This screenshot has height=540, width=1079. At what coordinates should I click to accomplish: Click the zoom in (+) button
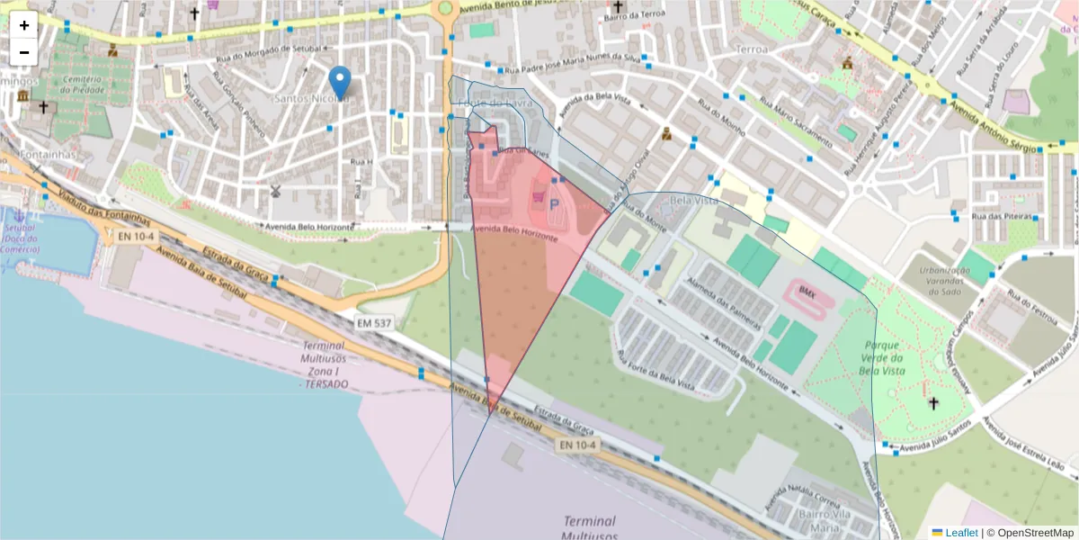pyautogui.click(x=24, y=25)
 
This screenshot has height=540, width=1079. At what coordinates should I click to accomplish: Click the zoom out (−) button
pyautogui.click(x=24, y=52)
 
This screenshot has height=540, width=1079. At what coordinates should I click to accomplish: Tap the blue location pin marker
pyautogui.click(x=339, y=83)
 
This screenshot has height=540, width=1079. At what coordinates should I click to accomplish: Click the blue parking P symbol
pyautogui.click(x=554, y=206)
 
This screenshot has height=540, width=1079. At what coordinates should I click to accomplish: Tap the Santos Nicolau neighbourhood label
pyautogui.click(x=310, y=98)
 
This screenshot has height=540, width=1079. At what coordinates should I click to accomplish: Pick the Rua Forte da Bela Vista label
pyautogui.click(x=654, y=369)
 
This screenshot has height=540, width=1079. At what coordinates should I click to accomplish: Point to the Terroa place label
pyautogui.click(x=753, y=49)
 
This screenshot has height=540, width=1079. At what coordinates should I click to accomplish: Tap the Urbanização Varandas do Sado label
pyautogui.click(x=938, y=279)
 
